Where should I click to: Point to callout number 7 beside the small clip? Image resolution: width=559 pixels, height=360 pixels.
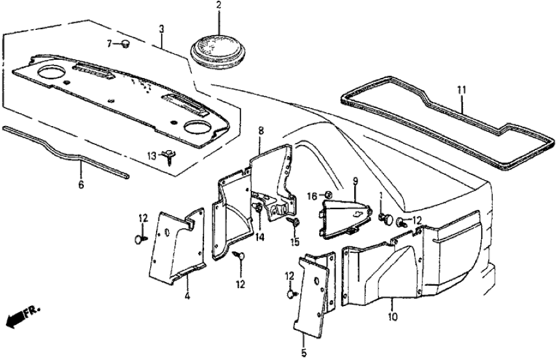tap(110, 43)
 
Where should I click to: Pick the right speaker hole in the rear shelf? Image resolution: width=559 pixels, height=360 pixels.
tap(197, 126)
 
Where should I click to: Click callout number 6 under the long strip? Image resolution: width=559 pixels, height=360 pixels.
tap(82, 184)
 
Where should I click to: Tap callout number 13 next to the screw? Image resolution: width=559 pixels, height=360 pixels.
tap(151, 155)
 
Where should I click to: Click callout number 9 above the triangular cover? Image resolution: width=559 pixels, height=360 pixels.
tap(355, 181)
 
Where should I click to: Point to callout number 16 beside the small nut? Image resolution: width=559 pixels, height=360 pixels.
tap(311, 195)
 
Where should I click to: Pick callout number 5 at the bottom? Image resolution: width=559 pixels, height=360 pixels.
tap(304, 355)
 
